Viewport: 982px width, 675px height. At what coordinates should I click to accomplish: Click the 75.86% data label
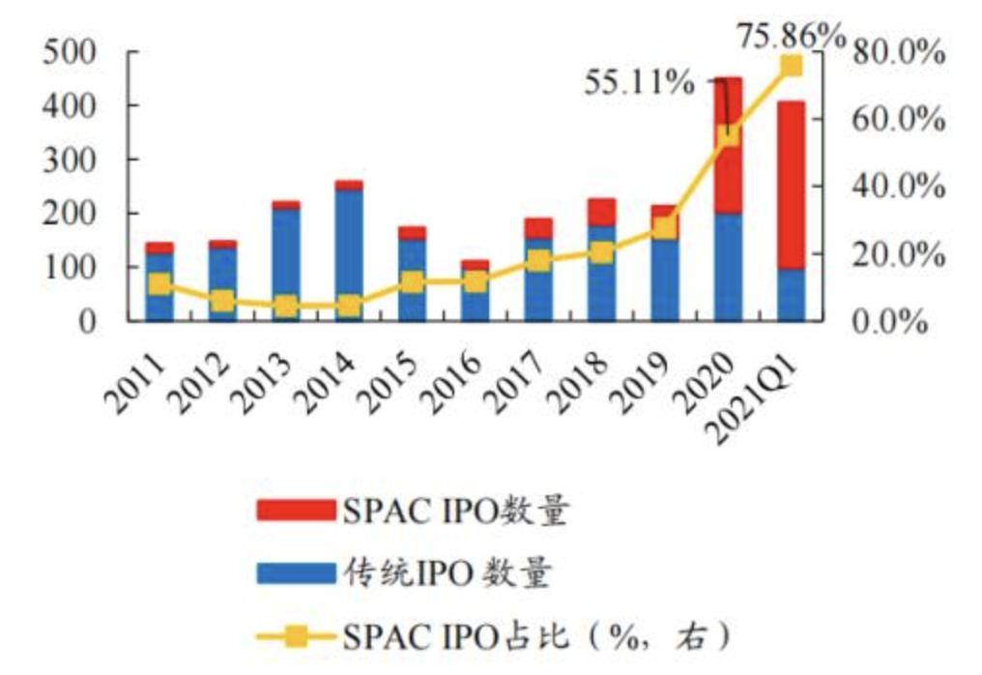point(791,36)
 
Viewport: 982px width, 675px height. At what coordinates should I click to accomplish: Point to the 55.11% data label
point(639,83)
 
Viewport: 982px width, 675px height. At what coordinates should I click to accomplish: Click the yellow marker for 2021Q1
point(791,66)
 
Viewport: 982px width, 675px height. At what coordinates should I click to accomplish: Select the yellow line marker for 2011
point(159,284)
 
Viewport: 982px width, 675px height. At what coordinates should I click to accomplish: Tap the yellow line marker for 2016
point(475,281)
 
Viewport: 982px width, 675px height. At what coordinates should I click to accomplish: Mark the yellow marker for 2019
point(665,227)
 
